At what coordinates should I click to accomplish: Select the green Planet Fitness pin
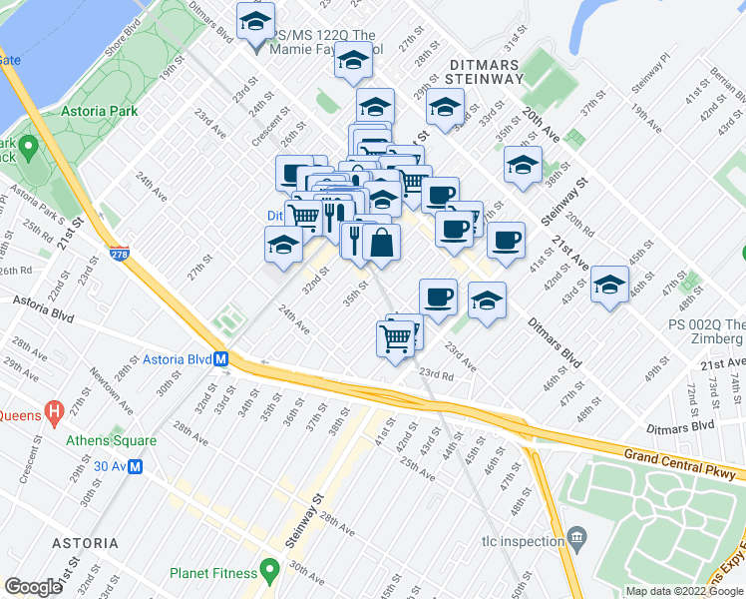coord(269,572)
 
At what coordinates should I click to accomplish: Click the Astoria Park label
coord(99,112)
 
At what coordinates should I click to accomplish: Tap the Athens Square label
coord(111,440)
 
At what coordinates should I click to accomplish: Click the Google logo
coord(33,587)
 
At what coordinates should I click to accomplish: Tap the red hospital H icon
coord(55,410)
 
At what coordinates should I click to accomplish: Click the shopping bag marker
coord(381,242)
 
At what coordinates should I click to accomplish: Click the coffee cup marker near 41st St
coord(506,240)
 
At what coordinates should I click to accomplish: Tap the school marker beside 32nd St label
coord(283,246)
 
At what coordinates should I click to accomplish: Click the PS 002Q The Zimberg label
coord(705,331)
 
